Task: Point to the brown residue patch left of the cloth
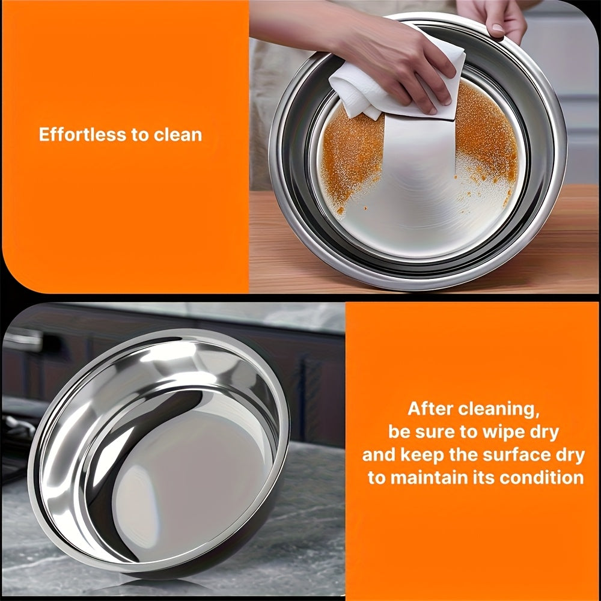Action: [x=351, y=157]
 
